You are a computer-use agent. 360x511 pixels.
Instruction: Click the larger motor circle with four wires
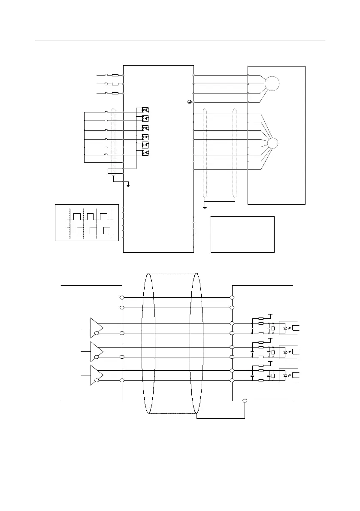pyautogui.click(x=272, y=83)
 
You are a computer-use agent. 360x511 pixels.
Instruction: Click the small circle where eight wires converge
pyautogui.click(x=272, y=143)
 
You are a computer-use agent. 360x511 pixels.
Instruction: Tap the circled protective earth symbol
pyautogui.click(x=189, y=102)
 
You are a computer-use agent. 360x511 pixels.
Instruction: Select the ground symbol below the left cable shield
pyautogui.click(x=128, y=185)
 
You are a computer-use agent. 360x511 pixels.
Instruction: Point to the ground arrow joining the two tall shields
pyautogui.click(x=205, y=206)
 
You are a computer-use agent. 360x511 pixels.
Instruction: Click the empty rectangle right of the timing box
pyautogui.click(x=242, y=234)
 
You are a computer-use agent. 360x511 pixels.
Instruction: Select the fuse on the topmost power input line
pyautogui.click(x=115, y=76)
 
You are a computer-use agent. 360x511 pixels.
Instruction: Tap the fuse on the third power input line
pyautogui.click(x=115, y=94)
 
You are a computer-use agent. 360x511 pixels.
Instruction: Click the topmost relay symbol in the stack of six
pyautogui.click(x=145, y=109)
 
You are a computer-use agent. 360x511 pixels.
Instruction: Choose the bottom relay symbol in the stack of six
pyautogui.click(x=145, y=153)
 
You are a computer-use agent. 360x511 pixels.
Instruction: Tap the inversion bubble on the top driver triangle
pyautogui.click(x=97, y=333)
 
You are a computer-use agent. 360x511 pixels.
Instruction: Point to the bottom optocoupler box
pyautogui.click(x=288, y=375)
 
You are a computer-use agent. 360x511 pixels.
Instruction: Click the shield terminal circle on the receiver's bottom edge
pyautogui.click(x=245, y=401)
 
